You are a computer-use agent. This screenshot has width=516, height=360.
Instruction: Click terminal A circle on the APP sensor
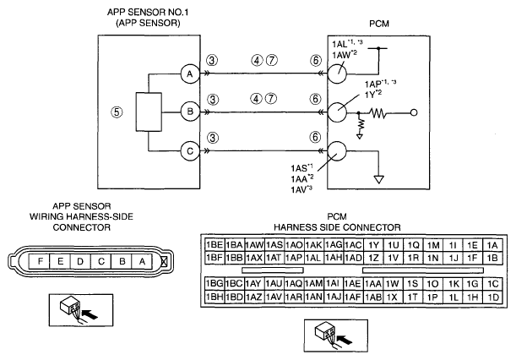point(190,74)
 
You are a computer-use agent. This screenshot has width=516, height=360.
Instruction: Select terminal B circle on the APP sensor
point(190,112)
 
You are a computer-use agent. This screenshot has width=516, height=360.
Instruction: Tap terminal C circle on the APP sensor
point(190,151)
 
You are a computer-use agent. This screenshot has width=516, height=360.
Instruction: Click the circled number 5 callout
point(117,112)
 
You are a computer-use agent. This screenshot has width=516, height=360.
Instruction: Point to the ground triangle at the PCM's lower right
point(379,179)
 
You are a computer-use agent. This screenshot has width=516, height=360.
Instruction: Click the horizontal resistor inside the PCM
point(378,113)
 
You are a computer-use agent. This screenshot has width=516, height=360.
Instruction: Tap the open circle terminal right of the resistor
point(414,112)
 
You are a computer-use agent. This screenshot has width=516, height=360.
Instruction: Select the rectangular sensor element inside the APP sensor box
point(149,112)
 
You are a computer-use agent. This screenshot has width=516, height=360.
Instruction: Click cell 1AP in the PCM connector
point(294,258)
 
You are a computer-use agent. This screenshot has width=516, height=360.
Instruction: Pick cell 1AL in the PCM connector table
point(313,258)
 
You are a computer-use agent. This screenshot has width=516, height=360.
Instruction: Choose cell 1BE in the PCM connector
point(215,245)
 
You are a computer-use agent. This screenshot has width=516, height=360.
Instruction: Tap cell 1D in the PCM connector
point(492,297)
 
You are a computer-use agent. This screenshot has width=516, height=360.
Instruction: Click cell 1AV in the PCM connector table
point(274,297)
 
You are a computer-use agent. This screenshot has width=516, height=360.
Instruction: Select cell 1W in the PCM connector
point(393,284)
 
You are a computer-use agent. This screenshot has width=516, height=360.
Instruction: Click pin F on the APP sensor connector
point(40,261)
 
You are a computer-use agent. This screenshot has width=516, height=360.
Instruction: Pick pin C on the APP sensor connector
point(101,261)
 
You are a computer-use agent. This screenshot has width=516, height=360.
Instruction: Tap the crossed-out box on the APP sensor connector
point(164,262)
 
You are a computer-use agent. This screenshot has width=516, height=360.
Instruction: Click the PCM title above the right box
point(379,24)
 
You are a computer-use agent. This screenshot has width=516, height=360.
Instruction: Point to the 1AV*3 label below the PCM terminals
point(301,189)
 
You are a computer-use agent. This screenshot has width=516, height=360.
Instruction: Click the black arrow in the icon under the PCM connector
point(345,339)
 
